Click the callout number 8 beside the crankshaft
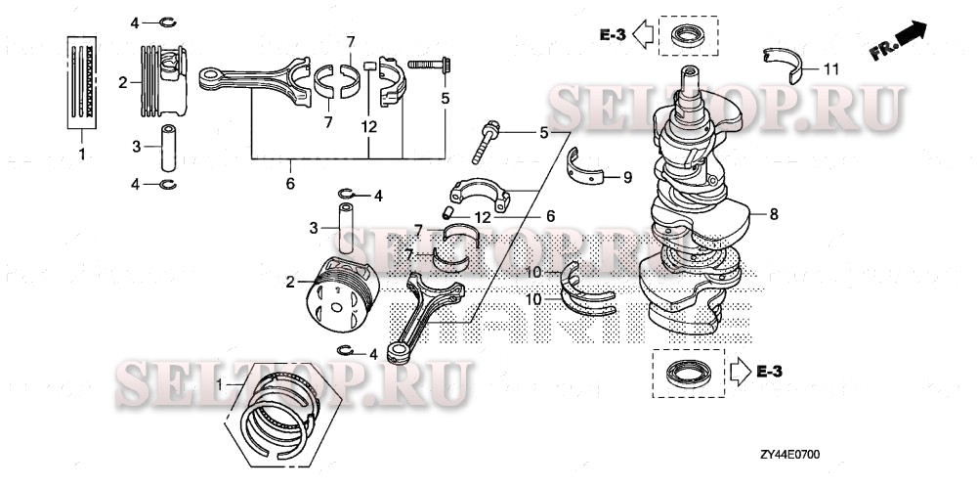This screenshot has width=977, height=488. (774, 212)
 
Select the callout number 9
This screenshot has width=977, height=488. (629, 177)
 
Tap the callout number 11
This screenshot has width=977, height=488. (831, 68)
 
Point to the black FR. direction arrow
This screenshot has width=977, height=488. (911, 35)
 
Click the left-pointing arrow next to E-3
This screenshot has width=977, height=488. (642, 36)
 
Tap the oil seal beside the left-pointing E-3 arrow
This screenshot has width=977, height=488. (688, 38)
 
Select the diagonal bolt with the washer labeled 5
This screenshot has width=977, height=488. (487, 143)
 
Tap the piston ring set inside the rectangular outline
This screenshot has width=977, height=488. (82, 82)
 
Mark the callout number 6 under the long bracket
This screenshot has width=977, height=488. (289, 183)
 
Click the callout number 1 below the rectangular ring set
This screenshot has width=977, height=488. (82, 155)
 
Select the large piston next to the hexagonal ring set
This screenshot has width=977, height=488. (337, 293)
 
